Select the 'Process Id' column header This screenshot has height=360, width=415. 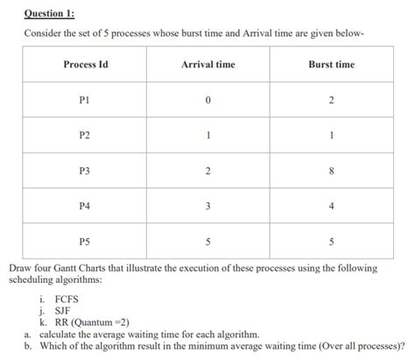pos(85,65)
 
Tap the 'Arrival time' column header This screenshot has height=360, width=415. pos(207,65)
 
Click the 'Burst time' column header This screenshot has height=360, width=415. pos(331,65)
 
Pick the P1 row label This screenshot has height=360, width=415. pos(85,101)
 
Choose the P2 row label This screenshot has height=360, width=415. pos(85,135)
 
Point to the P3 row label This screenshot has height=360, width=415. pos(85,170)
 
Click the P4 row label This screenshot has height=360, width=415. pos(85,205)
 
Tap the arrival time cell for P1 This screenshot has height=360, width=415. pos(207,101)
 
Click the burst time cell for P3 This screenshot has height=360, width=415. pos(331,170)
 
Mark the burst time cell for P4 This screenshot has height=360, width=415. pos(331,205)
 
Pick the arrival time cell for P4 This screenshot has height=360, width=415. pos(207,205)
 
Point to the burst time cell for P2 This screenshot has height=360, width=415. pos(331,135)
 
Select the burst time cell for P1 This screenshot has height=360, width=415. pos(331,101)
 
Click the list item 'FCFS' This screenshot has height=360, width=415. pos(67,300)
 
